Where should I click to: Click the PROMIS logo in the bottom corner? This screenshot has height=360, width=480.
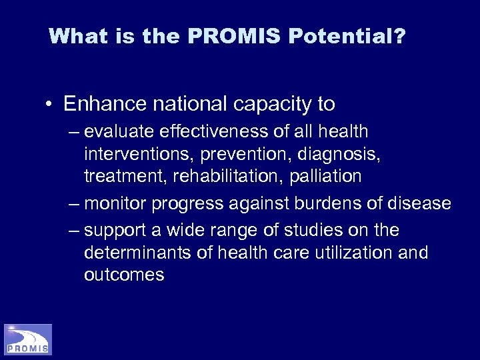pyautogui.click(x=27, y=339)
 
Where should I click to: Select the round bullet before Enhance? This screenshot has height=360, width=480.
pyautogui.click(x=50, y=105)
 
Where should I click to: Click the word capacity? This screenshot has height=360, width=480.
pyautogui.click(x=258, y=105)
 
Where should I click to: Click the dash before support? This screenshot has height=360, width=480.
pyautogui.click(x=73, y=231)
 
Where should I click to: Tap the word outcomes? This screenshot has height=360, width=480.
pyautogui.click(x=124, y=275)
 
